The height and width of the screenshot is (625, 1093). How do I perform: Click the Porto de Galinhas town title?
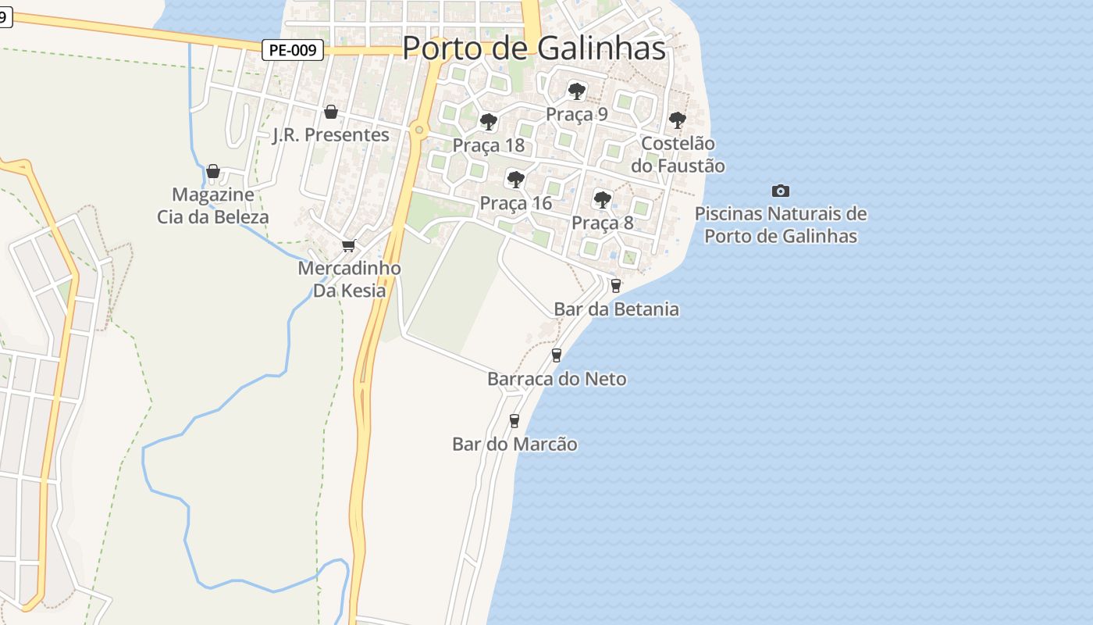534,48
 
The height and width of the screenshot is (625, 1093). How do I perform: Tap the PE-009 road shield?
292,51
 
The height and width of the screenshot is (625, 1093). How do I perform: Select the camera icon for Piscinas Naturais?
780,191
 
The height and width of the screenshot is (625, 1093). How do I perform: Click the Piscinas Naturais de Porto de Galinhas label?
781,225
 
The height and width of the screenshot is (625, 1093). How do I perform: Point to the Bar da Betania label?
616,309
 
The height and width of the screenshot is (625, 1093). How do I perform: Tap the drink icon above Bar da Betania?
616,286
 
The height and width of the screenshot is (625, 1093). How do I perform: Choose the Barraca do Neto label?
557,380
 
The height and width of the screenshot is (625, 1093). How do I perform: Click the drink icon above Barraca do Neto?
557,355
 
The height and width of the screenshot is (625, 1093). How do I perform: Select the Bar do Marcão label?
514,445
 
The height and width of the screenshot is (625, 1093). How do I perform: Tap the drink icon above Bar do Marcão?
514,421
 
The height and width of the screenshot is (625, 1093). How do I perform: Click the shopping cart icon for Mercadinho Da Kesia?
349,246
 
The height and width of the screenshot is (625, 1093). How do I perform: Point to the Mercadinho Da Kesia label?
349,280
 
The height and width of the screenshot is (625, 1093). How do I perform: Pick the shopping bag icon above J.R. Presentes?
331,112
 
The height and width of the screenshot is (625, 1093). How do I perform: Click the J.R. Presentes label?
331,135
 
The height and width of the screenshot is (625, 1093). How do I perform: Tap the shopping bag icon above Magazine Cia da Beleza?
212,171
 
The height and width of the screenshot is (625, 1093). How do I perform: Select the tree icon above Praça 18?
489,122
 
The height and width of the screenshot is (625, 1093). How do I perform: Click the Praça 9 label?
576,114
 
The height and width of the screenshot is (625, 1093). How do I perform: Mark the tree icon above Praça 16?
515,180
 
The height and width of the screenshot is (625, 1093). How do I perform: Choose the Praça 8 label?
602,223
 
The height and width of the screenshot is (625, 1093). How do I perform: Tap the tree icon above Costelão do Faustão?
678,120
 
